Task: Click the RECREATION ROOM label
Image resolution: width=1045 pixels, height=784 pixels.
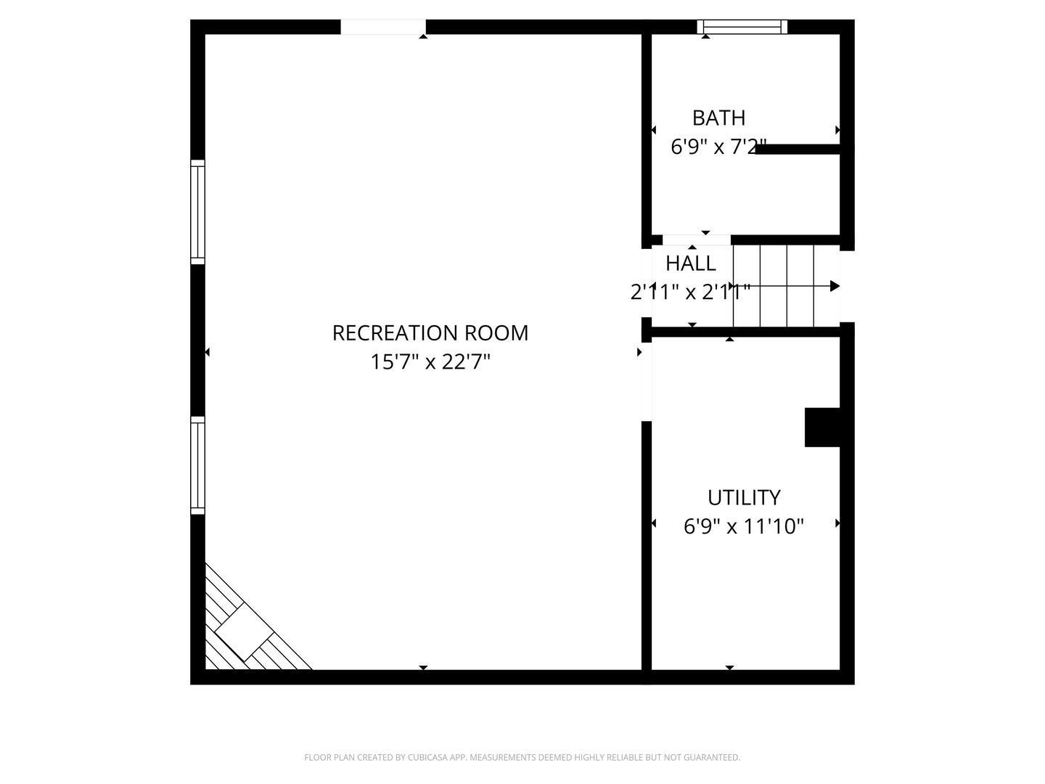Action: point(430,332)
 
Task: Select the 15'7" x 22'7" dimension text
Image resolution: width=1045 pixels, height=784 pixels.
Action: point(430,362)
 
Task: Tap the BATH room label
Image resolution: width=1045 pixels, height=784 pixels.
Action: point(718,118)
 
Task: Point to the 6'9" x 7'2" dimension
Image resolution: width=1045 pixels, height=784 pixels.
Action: point(718,147)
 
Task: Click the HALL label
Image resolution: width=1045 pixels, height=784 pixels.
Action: point(691,263)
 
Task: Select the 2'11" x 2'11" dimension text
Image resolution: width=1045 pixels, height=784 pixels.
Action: point(689,292)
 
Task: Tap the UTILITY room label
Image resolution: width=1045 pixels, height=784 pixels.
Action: point(744,497)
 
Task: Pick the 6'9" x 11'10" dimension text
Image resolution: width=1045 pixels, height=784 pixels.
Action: point(744,526)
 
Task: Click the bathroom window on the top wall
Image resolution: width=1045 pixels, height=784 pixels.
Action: point(742,27)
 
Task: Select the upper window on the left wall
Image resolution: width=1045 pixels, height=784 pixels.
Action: point(197,211)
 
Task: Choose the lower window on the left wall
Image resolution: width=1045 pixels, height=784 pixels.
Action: point(197,465)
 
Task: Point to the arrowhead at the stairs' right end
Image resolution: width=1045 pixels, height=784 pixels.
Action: point(835,286)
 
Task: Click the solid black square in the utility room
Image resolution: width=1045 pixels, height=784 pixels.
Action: point(822,427)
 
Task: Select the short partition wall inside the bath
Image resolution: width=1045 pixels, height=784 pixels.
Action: point(798,150)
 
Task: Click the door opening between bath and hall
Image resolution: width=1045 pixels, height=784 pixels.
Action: point(696,240)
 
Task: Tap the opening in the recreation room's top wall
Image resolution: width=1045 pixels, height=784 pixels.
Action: point(383,27)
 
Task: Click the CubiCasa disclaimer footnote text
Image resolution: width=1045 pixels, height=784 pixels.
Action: point(522,757)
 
